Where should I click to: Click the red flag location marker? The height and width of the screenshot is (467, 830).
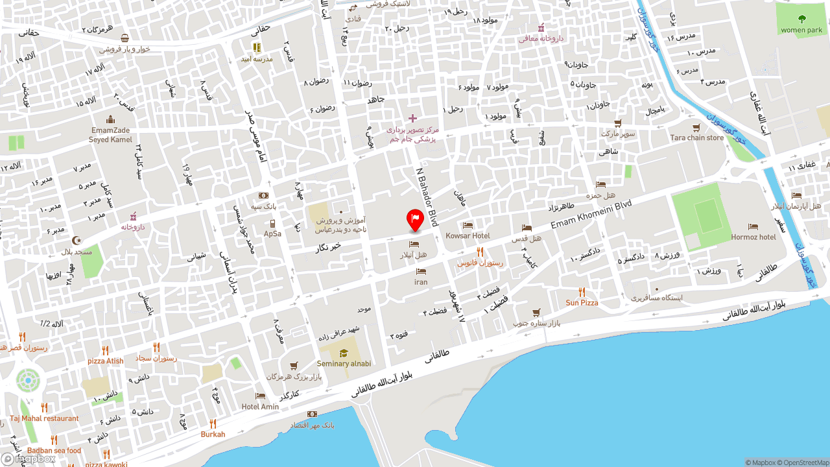point(415,220)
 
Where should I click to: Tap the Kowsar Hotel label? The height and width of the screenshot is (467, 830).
point(468,236)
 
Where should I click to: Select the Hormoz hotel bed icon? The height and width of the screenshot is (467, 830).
point(753,226)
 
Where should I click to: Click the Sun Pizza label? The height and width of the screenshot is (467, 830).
point(582,303)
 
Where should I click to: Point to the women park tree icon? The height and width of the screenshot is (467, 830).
point(801,19)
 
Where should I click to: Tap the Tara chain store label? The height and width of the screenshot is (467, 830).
point(696,138)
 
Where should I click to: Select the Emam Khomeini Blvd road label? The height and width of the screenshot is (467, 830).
point(591,214)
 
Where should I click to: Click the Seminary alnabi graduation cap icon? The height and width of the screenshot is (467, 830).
point(344,353)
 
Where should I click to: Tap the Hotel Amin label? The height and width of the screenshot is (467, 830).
point(260,407)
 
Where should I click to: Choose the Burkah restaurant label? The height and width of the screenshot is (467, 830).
point(213,435)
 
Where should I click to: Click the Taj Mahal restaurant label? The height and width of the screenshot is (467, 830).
point(44,418)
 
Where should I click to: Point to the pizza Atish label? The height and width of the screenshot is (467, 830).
point(105,361)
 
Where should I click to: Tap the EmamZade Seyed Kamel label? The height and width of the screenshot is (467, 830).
point(110,135)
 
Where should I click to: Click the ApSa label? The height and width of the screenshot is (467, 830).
point(272,233)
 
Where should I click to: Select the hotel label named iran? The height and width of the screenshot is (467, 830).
point(421,282)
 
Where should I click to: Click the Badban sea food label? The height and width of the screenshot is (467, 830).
point(54,451)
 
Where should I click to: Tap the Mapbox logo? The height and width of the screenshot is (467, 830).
point(29,459)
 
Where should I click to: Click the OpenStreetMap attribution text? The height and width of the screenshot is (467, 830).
point(804,462)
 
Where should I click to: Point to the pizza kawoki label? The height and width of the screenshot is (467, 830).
point(106,464)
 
